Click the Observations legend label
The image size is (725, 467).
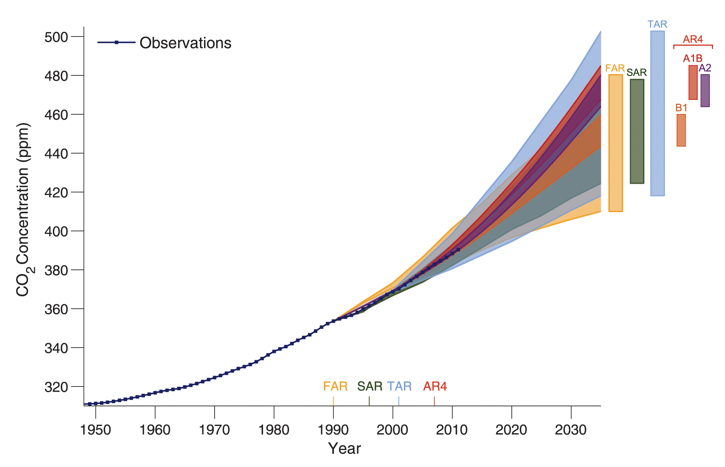tap(185, 43)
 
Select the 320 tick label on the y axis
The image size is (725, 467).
tap(56, 387)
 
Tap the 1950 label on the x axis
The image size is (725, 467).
tap(96, 430)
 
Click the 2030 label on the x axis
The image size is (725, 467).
tap(571, 430)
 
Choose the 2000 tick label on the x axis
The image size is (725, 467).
tap(392, 430)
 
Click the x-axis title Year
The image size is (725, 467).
tap(344, 449)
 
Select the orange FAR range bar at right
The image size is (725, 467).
tap(615, 143)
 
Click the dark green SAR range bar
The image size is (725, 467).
tap(637, 131)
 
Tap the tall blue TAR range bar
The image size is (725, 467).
tap(657, 114)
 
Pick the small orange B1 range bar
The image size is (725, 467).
tap(681, 130)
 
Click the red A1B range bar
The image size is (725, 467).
tap(693, 83)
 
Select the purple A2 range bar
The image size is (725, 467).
tap(705, 91)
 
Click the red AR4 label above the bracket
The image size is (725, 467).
tap(693, 39)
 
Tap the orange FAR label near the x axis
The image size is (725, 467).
tap(335, 386)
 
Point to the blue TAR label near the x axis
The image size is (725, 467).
tap(399, 386)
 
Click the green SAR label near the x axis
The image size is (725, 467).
tap(369, 386)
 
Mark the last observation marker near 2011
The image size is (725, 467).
tap(458, 250)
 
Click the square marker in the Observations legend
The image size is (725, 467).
tap(116, 43)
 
